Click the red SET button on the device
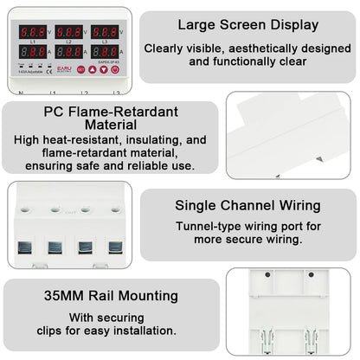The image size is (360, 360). [x=80, y=68]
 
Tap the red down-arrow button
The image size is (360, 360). [x=104, y=68]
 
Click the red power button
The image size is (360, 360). [x=115, y=68]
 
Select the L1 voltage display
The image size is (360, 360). [x=33, y=32]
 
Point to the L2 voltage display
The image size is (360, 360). [x=69, y=32]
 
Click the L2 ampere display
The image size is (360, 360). [x=69, y=52]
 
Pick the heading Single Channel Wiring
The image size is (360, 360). [x=247, y=206]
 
